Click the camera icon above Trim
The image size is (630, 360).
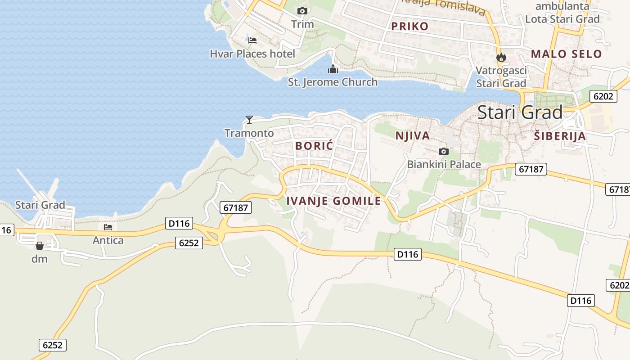pos(302,11)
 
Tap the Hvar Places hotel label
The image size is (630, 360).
pos(252,54)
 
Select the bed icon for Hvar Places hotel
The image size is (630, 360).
pos(252,40)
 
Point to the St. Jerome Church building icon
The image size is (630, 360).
pos(333,69)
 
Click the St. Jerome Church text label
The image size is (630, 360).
pos(333,82)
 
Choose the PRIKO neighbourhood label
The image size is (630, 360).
pos(409,26)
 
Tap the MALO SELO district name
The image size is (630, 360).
pos(566,54)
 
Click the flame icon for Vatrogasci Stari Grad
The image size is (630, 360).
pos(501,58)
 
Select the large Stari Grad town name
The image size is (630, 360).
pos(520,112)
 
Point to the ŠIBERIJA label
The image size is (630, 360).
pos(559,136)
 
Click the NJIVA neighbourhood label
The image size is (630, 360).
pos(412,135)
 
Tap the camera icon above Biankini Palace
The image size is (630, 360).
pos(443,151)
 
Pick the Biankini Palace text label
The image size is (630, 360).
pos(444,164)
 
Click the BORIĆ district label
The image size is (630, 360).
pos(314,146)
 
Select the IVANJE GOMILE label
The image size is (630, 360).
pos(333,201)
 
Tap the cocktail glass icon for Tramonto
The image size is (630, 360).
pos(249,119)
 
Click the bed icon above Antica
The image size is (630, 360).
pos(108,227)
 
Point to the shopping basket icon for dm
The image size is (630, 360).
pos(40,246)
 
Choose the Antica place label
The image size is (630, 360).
pos(108,240)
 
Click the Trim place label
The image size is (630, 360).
pos(302,24)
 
